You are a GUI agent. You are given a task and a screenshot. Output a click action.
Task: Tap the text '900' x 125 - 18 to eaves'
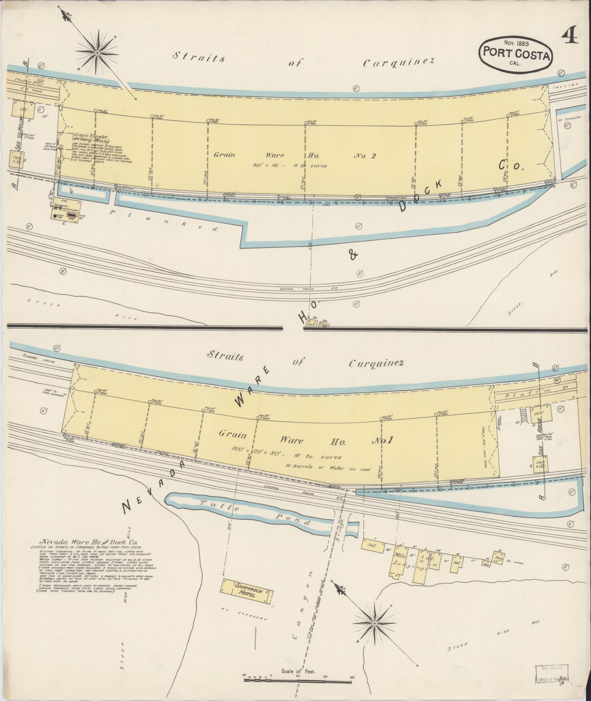point(290,166)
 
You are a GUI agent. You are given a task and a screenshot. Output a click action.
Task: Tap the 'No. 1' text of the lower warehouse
point(382,441)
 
